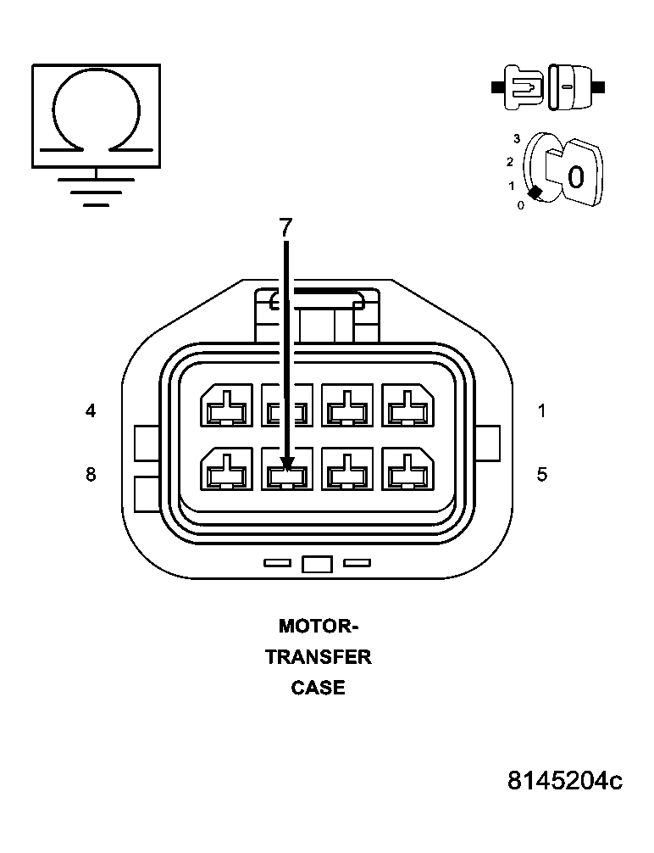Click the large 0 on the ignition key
575,177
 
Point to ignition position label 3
516,137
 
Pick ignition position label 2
509,161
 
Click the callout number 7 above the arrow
285,227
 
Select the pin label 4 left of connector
91,411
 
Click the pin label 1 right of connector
542,411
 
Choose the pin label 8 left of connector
91,474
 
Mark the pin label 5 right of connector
542,474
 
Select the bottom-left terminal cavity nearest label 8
226,469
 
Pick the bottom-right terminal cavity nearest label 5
408,469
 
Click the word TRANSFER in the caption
319,657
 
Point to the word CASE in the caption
319,688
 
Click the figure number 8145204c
565,780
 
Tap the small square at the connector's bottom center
316,564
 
